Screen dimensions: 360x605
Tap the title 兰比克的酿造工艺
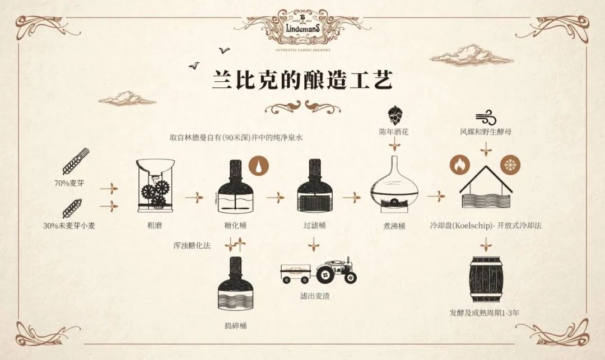[x=302, y=79]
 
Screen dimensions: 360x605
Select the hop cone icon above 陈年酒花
[x=394, y=114]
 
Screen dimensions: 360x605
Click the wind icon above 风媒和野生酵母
[x=485, y=117]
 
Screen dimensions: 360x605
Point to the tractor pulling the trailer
[x=336, y=270]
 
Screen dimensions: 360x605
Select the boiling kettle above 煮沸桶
[x=394, y=187]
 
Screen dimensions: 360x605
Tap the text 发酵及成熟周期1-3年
[x=485, y=312]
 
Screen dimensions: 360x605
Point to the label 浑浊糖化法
[x=193, y=245]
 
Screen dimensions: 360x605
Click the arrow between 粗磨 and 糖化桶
[x=193, y=198]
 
